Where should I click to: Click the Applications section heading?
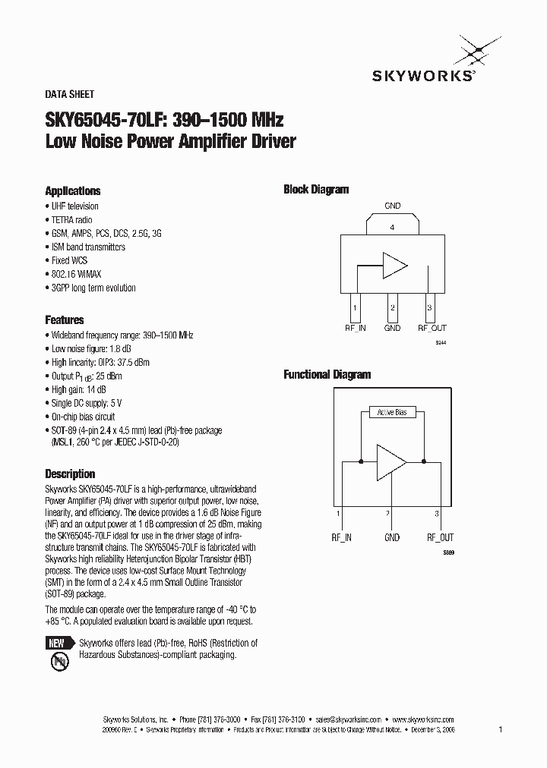[73, 191]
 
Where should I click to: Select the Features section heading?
[65, 320]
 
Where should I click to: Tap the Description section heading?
[70, 474]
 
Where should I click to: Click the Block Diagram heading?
[316, 190]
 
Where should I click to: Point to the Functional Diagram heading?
[327, 374]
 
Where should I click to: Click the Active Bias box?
[392, 412]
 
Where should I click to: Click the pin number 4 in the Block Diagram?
[392, 227]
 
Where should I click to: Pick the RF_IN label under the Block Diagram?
[356, 328]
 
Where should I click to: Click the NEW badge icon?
[58, 643]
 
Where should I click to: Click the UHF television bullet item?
[74, 206]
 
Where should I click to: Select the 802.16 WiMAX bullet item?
[76, 274]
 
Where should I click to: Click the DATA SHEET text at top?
[70, 95]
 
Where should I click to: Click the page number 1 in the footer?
[501, 729]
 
